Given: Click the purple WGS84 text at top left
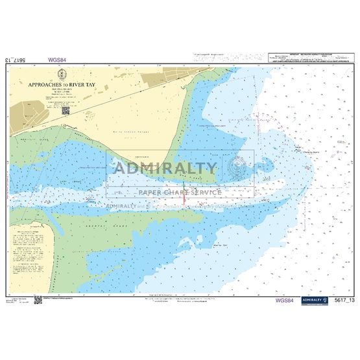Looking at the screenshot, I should (57, 60).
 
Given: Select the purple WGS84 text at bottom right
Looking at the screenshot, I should (283, 300).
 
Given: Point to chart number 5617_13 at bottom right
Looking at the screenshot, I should (339, 300).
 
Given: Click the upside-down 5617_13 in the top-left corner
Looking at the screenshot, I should (16, 60).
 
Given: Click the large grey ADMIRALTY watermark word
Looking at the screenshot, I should (165, 169).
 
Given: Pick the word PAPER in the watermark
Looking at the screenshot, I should (151, 192).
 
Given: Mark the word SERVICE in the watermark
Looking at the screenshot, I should (208, 192).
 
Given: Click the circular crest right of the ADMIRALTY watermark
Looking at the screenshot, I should (235, 169).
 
